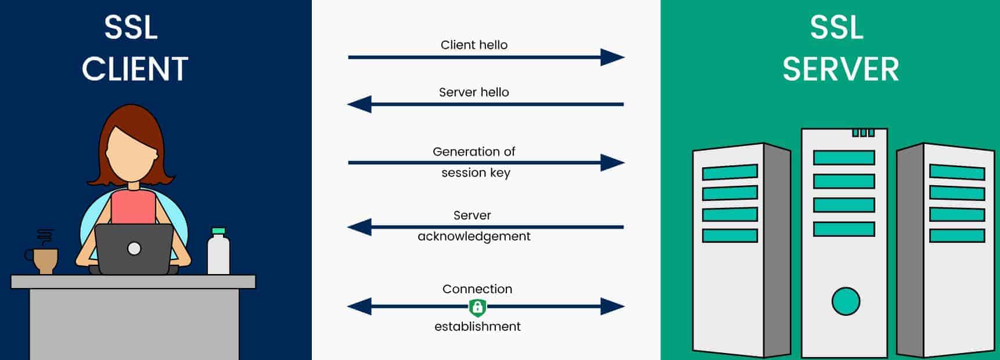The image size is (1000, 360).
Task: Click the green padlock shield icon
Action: (477, 307)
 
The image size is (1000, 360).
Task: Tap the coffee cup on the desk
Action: (45, 260)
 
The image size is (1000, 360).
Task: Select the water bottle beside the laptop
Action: (218, 254)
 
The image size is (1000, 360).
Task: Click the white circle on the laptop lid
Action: (134, 249)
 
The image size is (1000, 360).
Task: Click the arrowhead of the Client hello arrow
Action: (612, 57)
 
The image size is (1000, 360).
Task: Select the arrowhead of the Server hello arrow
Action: (359, 105)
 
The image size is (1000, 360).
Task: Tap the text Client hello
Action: (474, 45)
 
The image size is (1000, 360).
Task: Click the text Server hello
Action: (474, 92)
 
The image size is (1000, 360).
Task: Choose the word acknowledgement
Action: (474, 236)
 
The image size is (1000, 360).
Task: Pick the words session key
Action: (476, 172)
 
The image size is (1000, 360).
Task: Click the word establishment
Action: (477, 326)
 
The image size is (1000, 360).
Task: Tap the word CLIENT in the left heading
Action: (135, 69)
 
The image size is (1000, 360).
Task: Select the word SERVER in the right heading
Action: (840, 69)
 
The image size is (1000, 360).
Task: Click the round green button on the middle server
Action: (846, 301)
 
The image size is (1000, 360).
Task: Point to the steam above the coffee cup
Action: (45, 236)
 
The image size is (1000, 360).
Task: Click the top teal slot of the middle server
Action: (844, 157)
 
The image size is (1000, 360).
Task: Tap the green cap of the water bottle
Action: (218, 231)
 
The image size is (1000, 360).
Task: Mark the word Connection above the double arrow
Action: (477, 289)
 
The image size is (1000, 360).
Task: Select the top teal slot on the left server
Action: (730, 172)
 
